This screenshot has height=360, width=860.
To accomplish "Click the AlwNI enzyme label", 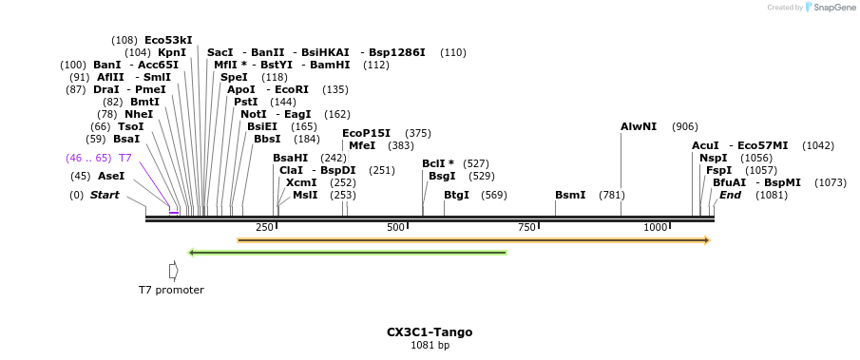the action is (x=639, y=126).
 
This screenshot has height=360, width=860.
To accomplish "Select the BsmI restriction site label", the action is (x=570, y=196).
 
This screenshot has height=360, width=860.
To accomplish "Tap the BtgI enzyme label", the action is (x=457, y=196).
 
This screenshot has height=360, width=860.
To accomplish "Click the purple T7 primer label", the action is (x=124, y=158).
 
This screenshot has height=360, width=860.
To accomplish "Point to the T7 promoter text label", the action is (x=171, y=290).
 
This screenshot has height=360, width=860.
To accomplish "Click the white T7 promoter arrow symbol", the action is (x=173, y=271).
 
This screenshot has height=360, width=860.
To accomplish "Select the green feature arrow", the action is (x=348, y=253).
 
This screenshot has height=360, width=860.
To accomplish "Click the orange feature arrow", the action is (x=473, y=240).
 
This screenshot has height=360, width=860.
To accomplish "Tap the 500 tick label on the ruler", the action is (x=396, y=228).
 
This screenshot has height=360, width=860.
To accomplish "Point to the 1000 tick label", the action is (x=656, y=228).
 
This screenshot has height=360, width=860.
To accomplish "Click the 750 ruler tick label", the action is (x=526, y=228).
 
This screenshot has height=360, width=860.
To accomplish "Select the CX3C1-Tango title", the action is (x=430, y=332).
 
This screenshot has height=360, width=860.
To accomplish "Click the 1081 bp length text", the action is (x=430, y=346).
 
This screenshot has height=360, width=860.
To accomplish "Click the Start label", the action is (x=105, y=196).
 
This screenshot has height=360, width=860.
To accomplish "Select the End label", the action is (x=730, y=196).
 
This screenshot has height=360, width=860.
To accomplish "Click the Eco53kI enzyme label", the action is (x=168, y=40).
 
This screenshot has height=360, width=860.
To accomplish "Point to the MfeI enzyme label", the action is (x=362, y=145).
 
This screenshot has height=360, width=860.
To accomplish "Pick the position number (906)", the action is (x=684, y=126).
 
